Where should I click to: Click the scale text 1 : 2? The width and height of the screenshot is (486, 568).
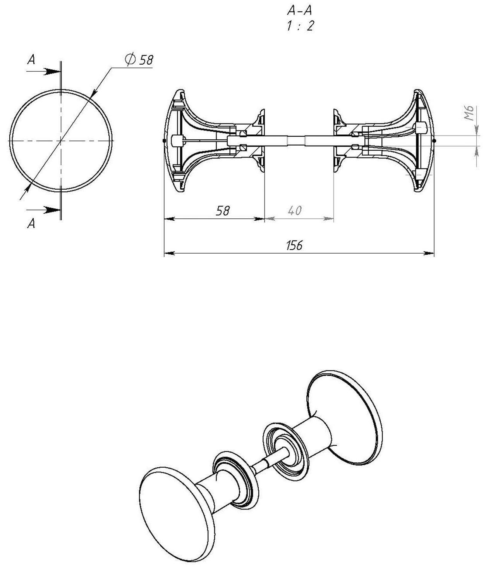300,26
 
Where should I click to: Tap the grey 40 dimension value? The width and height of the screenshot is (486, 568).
295,211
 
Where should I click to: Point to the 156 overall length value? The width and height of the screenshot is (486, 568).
294,245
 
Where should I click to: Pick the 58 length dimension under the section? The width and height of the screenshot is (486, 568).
223,211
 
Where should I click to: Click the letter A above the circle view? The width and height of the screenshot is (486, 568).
31,59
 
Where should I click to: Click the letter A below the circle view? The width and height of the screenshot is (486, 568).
31,223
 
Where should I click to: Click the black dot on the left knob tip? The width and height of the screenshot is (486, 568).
164,141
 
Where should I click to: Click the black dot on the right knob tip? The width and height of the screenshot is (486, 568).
434,141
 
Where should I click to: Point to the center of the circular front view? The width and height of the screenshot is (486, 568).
61,141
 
